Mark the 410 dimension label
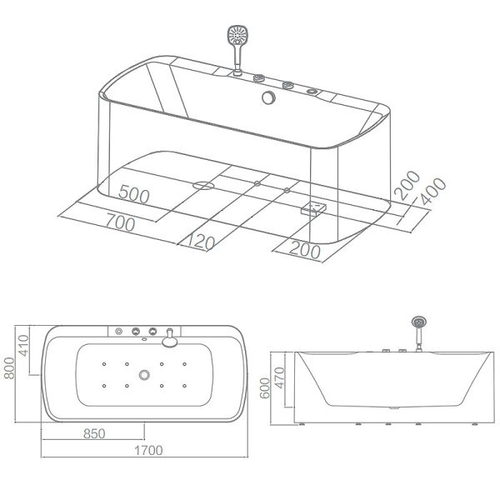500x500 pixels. click(x=25, y=343)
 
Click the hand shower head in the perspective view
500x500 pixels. click(x=237, y=37)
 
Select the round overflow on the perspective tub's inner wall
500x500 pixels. click(x=269, y=98)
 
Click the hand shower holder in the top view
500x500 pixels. click(x=170, y=337)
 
